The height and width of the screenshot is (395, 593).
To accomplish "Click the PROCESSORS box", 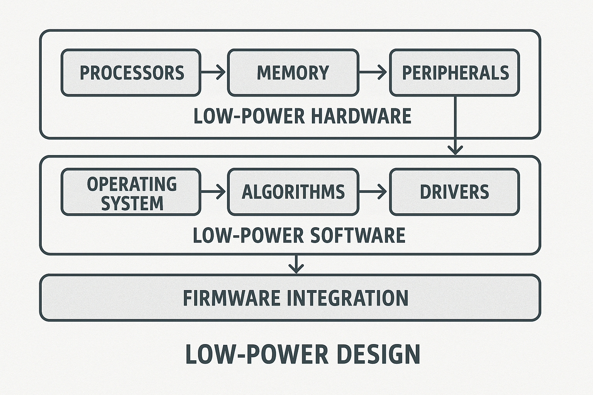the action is [x=131, y=73].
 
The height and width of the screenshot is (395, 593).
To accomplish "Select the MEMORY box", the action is [x=293, y=73].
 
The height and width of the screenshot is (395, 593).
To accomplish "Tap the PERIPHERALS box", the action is [x=454, y=73].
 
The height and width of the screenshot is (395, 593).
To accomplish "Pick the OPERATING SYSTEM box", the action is [x=131, y=192].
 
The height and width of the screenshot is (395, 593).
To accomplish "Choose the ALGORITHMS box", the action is [x=293, y=192].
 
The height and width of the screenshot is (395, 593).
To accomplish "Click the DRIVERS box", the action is [x=454, y=192].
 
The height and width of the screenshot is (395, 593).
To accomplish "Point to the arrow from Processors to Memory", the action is [x=213, y=72].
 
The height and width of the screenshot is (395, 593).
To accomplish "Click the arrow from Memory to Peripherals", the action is [x=373, y=72].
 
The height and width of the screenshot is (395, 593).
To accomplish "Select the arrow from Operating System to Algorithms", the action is [x=213, y=191].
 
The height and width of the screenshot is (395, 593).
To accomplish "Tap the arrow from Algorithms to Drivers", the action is [x=373, y=191].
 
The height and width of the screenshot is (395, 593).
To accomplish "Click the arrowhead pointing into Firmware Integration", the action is [x=296, y=267].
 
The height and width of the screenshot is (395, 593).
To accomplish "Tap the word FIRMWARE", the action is [x=232, y=298].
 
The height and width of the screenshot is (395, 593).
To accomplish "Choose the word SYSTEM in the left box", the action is [x=132, y=203].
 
